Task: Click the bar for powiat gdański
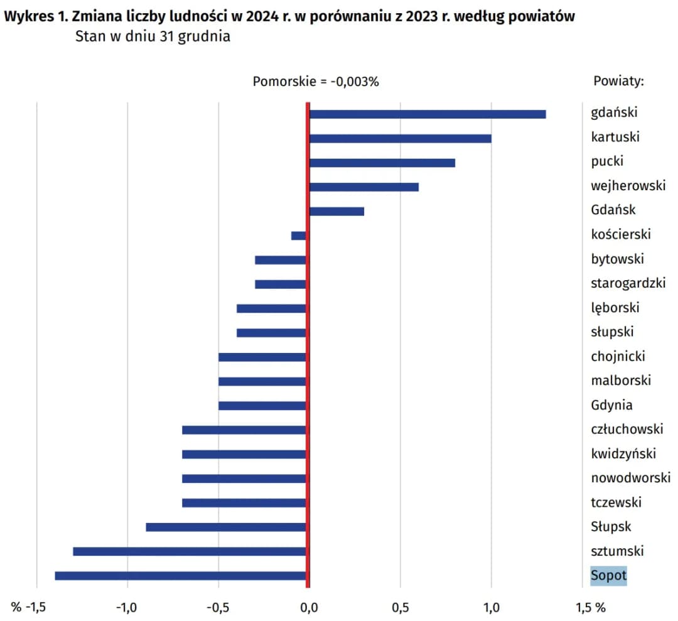[x=427, y=114]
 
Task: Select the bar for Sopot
[x=181, y=576]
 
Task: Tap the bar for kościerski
[x=299, y=235]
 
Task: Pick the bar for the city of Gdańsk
[x=336, y=211]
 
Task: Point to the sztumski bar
[x=190, y=551]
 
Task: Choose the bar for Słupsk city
[x=226, y=527]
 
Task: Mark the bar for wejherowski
[x=363, y=186]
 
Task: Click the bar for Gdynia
[x=262, y=406]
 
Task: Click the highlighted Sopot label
[x=608, y=575]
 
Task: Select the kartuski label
[x=615, y=137]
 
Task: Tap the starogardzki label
[x=628, y=283]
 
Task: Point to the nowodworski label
[x=630, y=478]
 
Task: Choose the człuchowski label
[x=627, y=429]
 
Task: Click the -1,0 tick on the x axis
[x=127, y=607]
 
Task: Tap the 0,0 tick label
[x=308, y=607]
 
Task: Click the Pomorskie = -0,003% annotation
[x=316, y=82]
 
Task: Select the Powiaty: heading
[x=619, y=82]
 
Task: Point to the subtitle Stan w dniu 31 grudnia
[x=153, y=36]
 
